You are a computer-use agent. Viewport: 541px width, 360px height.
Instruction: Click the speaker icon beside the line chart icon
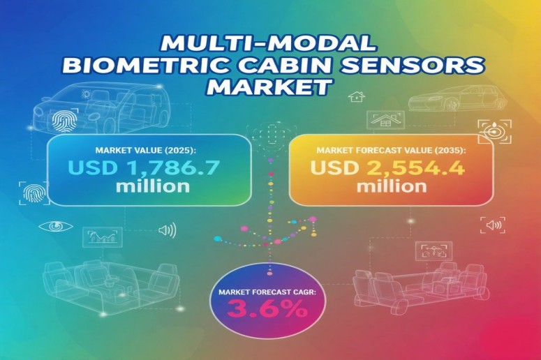pos(167,230)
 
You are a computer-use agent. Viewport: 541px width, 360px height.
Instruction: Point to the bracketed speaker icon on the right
pos(493,225)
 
